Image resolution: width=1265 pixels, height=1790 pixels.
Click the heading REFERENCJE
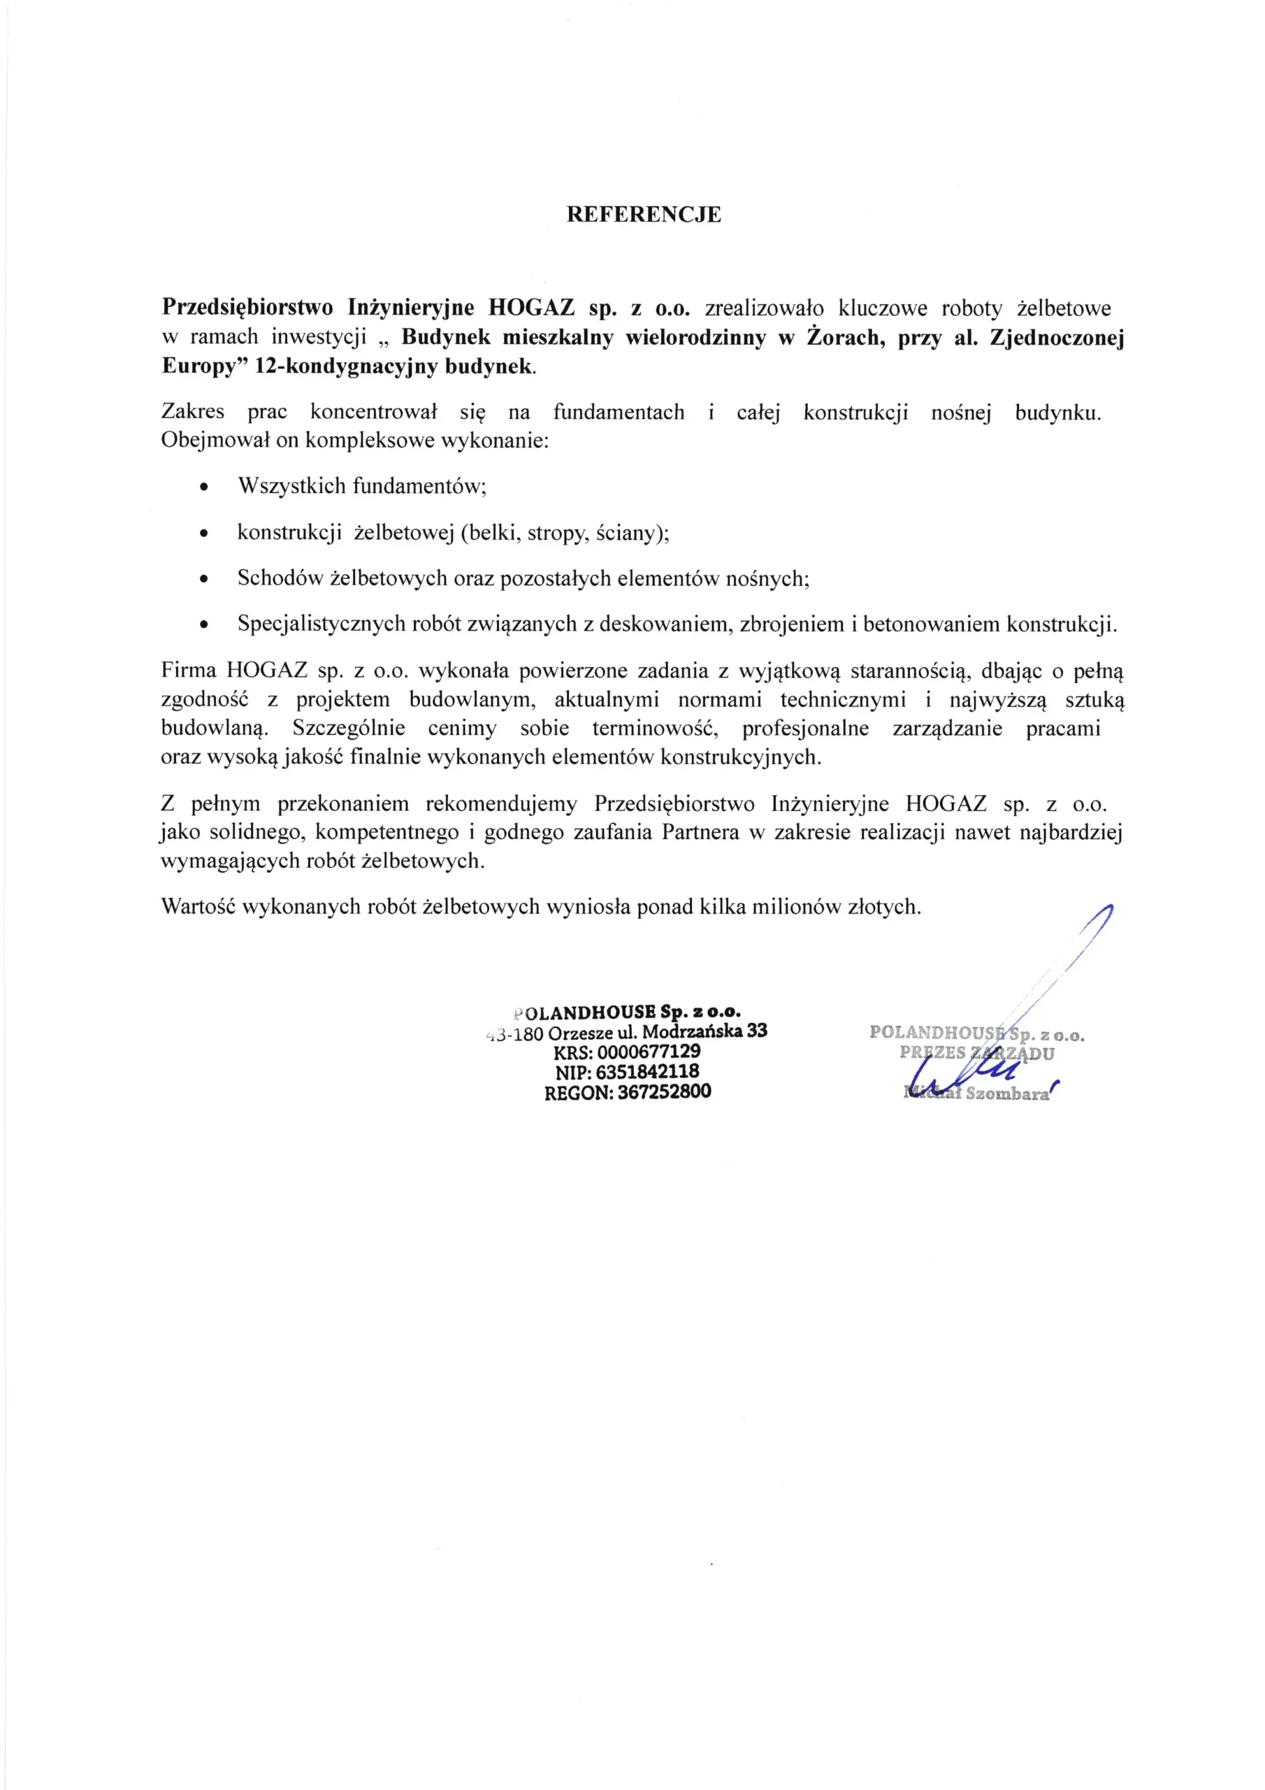(x=643, y=215)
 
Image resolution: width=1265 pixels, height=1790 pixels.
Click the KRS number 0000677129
(x=649, y=1052)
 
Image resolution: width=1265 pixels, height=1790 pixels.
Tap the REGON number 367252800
(x=664, y=1091)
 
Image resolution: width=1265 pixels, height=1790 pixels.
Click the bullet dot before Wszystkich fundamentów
(x=204, y=488)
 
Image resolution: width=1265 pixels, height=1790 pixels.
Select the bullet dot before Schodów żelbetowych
(x=204, y=580)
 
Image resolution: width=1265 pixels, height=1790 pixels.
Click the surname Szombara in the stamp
(x=1007, y=1094)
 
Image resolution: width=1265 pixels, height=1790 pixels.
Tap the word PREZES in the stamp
(x=932, y=1053)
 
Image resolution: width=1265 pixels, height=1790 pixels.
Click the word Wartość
(x=198, y=907)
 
